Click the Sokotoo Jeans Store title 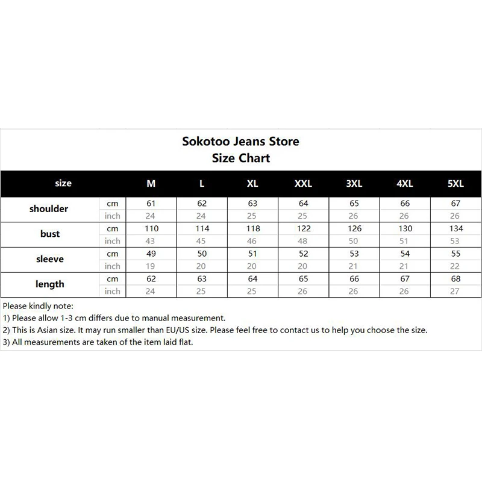coord(241,142)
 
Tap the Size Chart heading coord(241,158)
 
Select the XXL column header coord(303,184)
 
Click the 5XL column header coord(455,184)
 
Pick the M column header coord(151,184)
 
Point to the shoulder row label coord(49,209)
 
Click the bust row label coord(49,234)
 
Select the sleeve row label coord(49,259)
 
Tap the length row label coord(49,284)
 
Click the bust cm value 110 coord(151,229)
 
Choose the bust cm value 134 coord(455,229)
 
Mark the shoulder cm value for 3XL coord(354,204)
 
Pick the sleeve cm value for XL coord(252,254)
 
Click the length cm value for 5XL coord(455,279)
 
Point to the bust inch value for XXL coord(303,241)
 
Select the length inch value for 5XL coord(455,292)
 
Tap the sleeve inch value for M coord(151,266)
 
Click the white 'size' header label coord(63,183)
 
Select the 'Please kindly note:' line coord(37,306)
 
